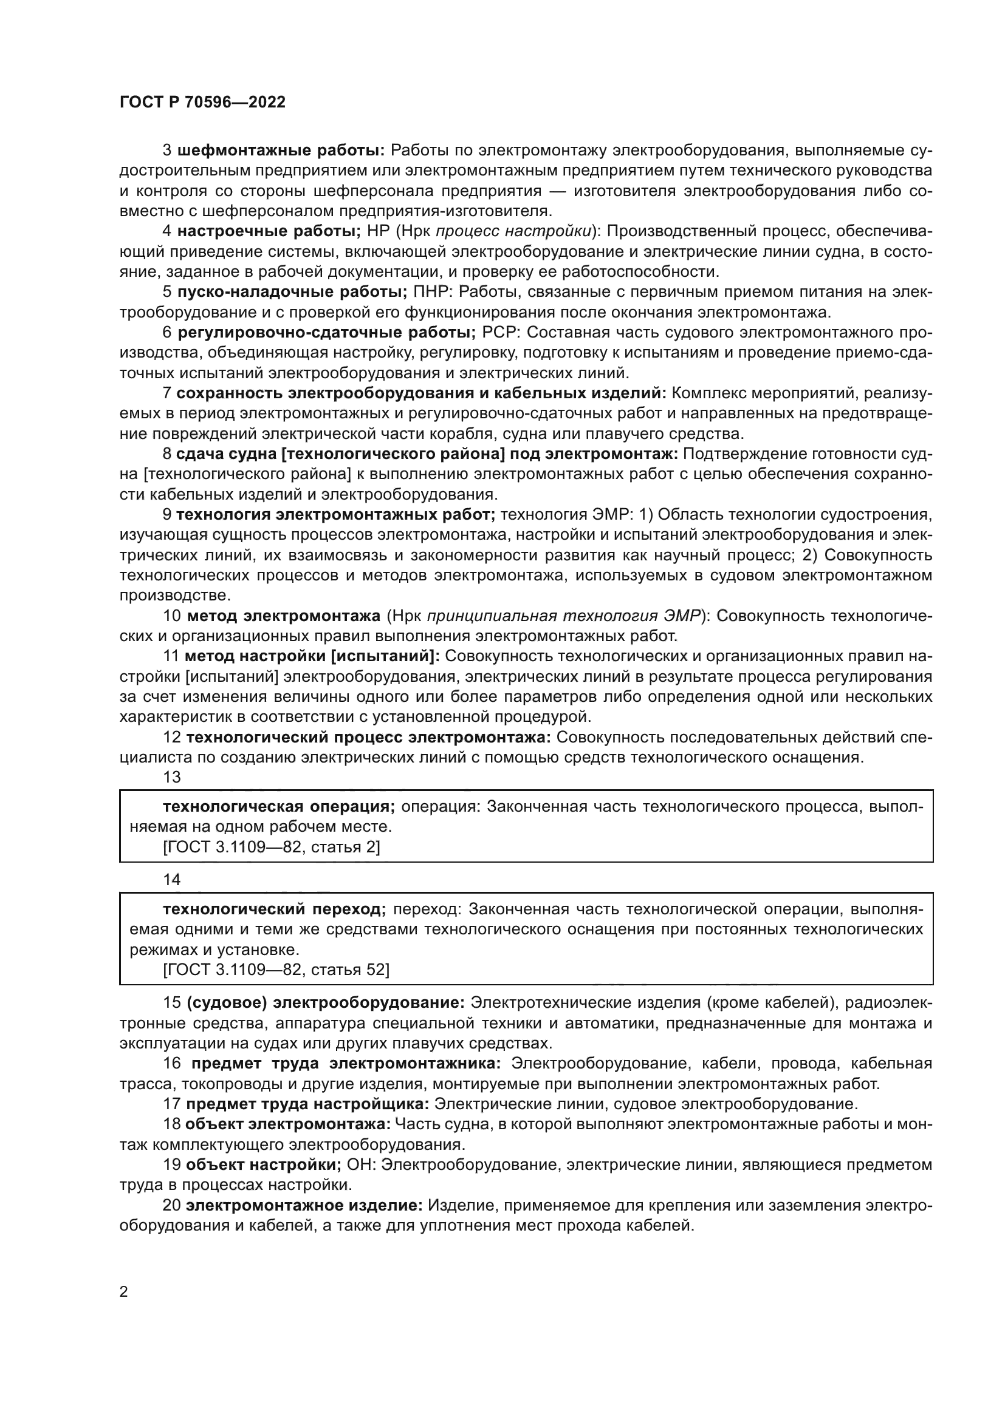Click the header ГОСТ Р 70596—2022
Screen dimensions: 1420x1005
[x=202, y=103]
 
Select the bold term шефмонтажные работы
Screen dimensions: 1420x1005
[x=281, y=151]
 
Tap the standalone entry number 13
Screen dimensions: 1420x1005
[x=171, y=778]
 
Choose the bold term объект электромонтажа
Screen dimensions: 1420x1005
[x=288, y=1124]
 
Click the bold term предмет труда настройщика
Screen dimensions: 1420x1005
[x=307, y=1104]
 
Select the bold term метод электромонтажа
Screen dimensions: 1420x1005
[x=283, y=616]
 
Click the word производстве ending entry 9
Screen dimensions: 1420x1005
[x=174, y=595]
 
